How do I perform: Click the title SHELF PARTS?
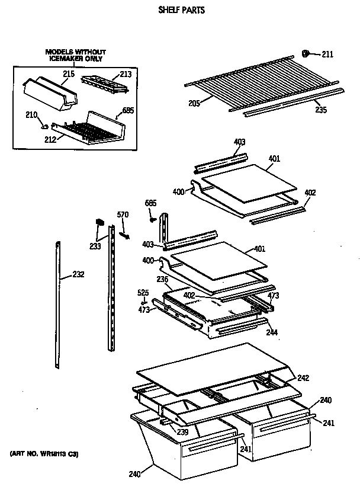(181, 10)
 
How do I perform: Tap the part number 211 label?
(327, 55)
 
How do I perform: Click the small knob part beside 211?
(307, 53)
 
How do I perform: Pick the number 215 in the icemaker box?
(69, 74)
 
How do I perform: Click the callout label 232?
(78, 274)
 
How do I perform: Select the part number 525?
(143, 292)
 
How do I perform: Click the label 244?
(272, 332)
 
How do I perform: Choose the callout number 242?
(303, 378)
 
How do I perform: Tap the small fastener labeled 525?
(143, 300)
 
